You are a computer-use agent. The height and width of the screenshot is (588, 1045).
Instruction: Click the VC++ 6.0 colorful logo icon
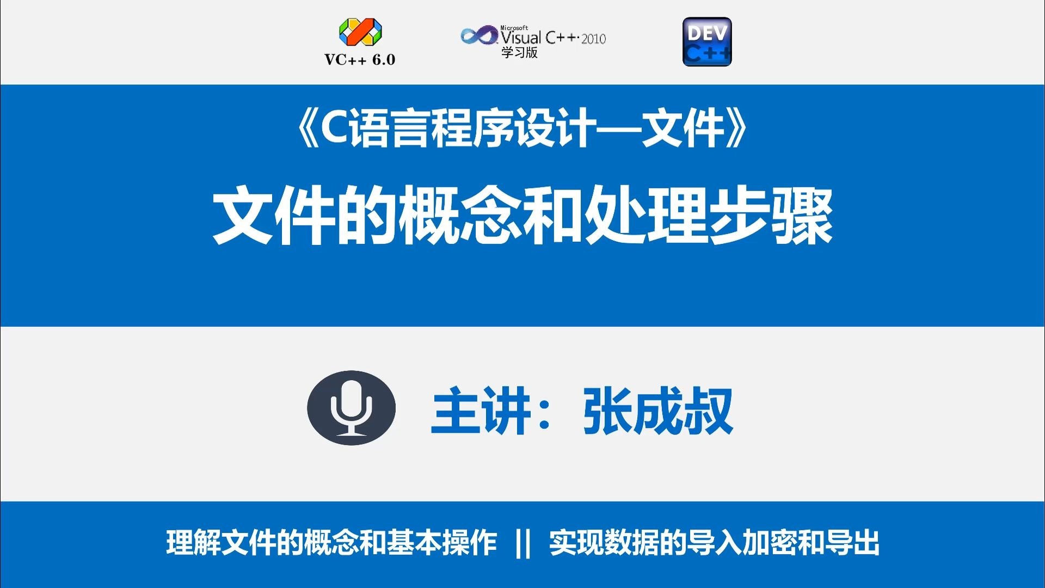[360, 32]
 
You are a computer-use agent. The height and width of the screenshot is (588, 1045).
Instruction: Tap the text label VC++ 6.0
[360, 60]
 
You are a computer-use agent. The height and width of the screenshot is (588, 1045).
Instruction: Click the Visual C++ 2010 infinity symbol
[479, 36]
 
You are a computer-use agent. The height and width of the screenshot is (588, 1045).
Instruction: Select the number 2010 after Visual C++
[593, 39]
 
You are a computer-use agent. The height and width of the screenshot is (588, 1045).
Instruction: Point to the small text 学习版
[519, 53]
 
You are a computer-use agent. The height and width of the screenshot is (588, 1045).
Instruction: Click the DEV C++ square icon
[707, 42]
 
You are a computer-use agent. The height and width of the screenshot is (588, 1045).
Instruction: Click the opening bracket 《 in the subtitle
[307, 130]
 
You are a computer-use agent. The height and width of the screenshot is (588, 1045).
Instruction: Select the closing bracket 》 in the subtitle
[738, 130]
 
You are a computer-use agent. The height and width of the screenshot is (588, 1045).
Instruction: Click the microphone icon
[351, 408]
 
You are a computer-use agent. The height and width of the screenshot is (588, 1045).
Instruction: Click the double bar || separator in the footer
[522, 543]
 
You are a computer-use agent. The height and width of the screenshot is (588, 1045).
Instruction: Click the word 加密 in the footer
[769, 543]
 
